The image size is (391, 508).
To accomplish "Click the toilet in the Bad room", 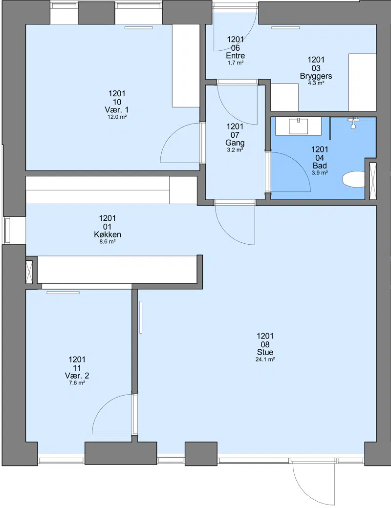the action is pyautogui.click(x=353, y=179).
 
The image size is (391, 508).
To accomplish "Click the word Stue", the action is pyautogui.click(x=265, y=352).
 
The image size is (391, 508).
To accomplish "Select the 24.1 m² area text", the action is pyautogui.click(x=265, y=360).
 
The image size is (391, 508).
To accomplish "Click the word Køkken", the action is pyautogui.click(x=108, y=234).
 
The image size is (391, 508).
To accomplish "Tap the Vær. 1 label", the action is pyautogui.click(x=117, y=109).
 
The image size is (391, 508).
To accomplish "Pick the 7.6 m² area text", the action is pyautogui.click(x=77, y=383).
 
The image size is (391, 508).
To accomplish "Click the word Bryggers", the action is pyautogui.click(x=316, y=76).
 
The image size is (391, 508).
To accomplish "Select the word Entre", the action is pyautogui.click(x=236, y=55).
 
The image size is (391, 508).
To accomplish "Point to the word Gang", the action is pyautogui.click(x=235, y=143).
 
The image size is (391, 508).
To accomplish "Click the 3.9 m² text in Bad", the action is pyautogui.click(x=320, y=173).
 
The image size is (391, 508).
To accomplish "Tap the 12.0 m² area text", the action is pyautogui.click(x=117, y=117).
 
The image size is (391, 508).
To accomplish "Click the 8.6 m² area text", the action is pyautogui.click(x=108, y=242).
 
